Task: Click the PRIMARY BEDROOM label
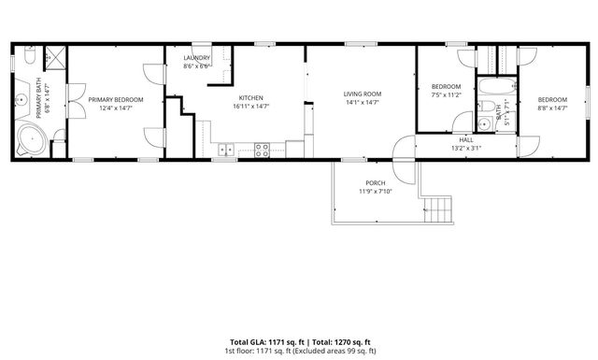(x=115, y=98)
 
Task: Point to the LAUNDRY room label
(x=196, y=58)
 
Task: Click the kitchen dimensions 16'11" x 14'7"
(x=250, y=107)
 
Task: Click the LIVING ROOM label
(x=363, y=94)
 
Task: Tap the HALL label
(x=465, y=139)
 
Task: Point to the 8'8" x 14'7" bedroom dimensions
(x=552, y=108)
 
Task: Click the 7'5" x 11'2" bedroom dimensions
(x=447, y=94)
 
